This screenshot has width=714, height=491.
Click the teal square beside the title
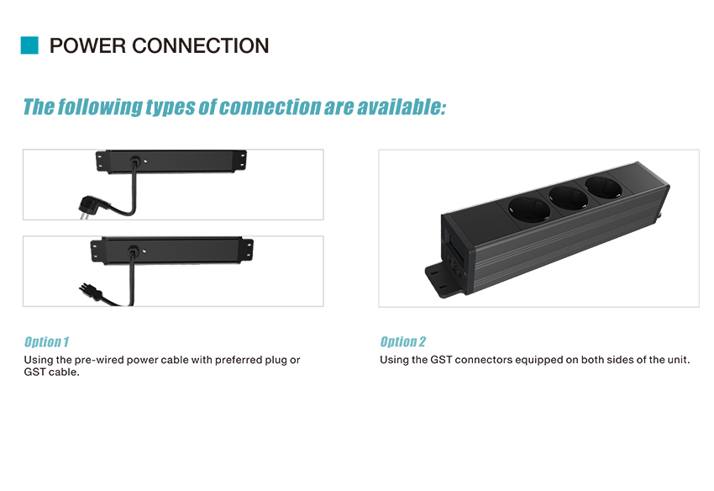[29, 45]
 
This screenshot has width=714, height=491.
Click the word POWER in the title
[87, 46]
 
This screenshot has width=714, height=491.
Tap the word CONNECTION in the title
[201, 46]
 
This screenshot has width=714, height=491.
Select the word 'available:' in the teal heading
[402, 107]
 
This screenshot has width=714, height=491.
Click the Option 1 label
[46, 342]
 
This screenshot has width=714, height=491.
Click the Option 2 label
[403, 342]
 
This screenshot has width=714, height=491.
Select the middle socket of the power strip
[569, 198]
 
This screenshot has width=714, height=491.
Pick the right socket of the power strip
[603, 187]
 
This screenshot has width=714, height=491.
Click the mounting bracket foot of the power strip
[445, 280]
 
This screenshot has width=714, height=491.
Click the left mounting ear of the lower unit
[97, 251]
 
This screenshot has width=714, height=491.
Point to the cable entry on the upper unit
[134, 161]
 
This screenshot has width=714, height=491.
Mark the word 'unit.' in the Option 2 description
[679, 360]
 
